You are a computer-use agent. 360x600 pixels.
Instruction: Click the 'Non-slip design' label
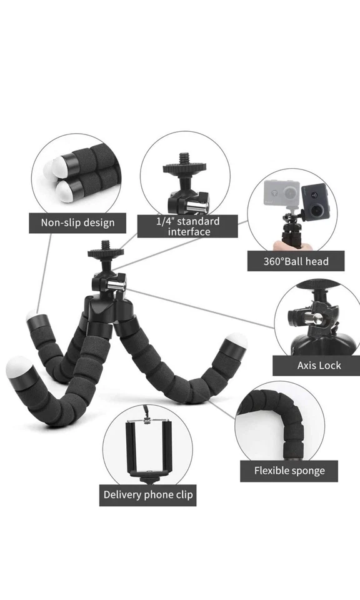click(77, 222)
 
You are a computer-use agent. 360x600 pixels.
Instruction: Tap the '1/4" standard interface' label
click(187, 226)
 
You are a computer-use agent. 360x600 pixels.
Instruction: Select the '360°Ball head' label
click(296, 261)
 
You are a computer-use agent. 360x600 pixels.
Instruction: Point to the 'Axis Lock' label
click(319, 366)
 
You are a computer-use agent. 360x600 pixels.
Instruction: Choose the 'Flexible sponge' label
click(289, 471)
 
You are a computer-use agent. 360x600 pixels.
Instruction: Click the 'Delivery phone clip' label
click(148, 495)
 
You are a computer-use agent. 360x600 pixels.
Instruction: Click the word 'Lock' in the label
click(330, 366)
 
